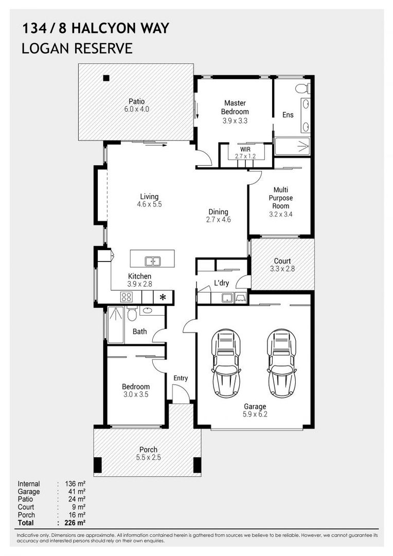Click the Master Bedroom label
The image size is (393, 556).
235,107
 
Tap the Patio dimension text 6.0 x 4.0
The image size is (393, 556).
136,109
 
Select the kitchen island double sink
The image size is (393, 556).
152,262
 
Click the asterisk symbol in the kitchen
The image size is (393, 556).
163,297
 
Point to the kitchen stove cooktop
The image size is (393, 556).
126,297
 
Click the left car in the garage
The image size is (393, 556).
226,363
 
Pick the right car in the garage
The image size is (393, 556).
282,363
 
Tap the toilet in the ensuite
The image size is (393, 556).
302,88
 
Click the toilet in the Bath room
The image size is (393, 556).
132,313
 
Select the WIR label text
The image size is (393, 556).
245,149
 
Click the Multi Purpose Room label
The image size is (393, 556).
281,198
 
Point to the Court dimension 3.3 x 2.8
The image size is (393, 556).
282,269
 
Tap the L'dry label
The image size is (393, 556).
222,283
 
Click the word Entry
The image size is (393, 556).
181,378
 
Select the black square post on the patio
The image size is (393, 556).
106,78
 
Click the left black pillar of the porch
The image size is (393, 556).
97,465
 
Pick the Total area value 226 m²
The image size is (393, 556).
75,523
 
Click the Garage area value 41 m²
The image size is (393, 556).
77,492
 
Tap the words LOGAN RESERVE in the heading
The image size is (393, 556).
77,48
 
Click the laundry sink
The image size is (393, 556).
227,298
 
